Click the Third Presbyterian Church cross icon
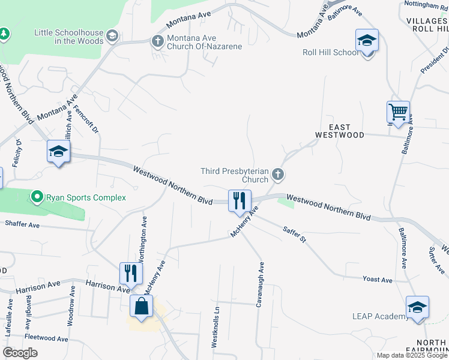277,175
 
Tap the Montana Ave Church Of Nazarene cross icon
157,41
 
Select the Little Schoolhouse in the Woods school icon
112,37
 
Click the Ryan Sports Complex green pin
37,197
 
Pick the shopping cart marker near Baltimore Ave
398,112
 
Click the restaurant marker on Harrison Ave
130,273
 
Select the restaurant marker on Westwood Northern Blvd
239,201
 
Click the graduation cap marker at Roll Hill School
367,41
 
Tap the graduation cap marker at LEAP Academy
417,308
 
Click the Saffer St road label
295,234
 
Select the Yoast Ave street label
377,280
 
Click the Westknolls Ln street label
215,326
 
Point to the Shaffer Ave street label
22,224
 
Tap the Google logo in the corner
20,353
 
